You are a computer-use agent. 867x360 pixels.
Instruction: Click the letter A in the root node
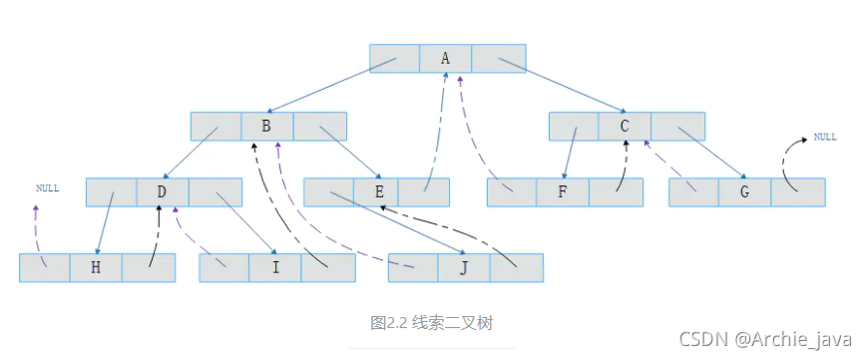click(445, 58)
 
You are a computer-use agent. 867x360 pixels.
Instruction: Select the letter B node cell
click(266, 126)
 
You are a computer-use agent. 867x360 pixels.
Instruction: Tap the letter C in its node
click(625, 126)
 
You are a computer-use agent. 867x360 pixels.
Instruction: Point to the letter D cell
click(162, 191)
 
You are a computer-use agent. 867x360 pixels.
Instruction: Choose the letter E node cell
click(378, 192)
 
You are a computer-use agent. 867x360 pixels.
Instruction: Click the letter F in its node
click(563, 192)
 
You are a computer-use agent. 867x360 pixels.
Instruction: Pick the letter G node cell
click(744, 192)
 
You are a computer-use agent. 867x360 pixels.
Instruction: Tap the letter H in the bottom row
click(96, 267)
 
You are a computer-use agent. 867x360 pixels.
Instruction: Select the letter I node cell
click(274, 267)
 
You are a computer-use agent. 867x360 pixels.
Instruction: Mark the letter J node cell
click(464, 267)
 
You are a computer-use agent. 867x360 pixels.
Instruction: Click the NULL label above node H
click(47, 187)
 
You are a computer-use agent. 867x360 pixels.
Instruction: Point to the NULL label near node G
click(825, 137)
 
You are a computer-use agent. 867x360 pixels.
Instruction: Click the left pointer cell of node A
click(394, 58)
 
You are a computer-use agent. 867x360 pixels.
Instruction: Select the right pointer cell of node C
click(677, 126)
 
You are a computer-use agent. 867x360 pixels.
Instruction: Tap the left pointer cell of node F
click(512, 192)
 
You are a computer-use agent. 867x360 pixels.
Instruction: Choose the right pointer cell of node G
click(798, 192)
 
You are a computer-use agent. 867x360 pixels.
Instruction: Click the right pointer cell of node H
click(149, 267)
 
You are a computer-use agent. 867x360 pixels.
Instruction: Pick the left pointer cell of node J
click(413, 267)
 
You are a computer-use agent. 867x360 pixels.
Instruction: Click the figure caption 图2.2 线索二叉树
click(431, 322)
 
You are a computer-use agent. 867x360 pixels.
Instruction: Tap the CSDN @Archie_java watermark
click(765, 339)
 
